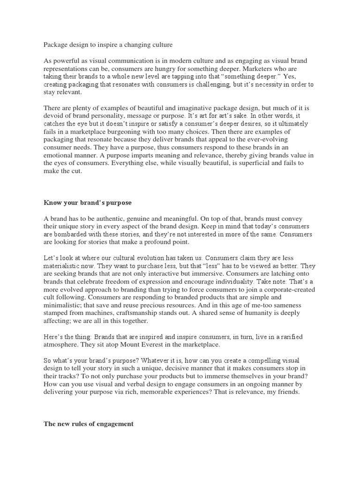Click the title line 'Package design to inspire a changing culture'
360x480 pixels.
tap(108, 45)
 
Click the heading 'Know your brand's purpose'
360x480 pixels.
tap(88, 203)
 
